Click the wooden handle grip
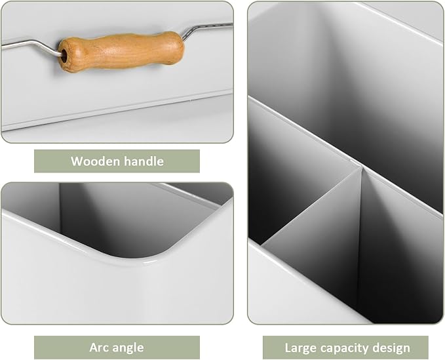[121, 52]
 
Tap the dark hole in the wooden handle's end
[64, 55]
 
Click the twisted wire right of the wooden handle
[207, 28]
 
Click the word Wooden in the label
[96, 161]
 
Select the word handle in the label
[144, 161]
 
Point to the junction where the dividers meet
[362, 167]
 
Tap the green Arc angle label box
[117, 348]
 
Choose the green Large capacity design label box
[345, 348]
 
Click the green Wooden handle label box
[117, 161]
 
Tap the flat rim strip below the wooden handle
[117, 110]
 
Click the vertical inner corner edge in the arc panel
[60, 207]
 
